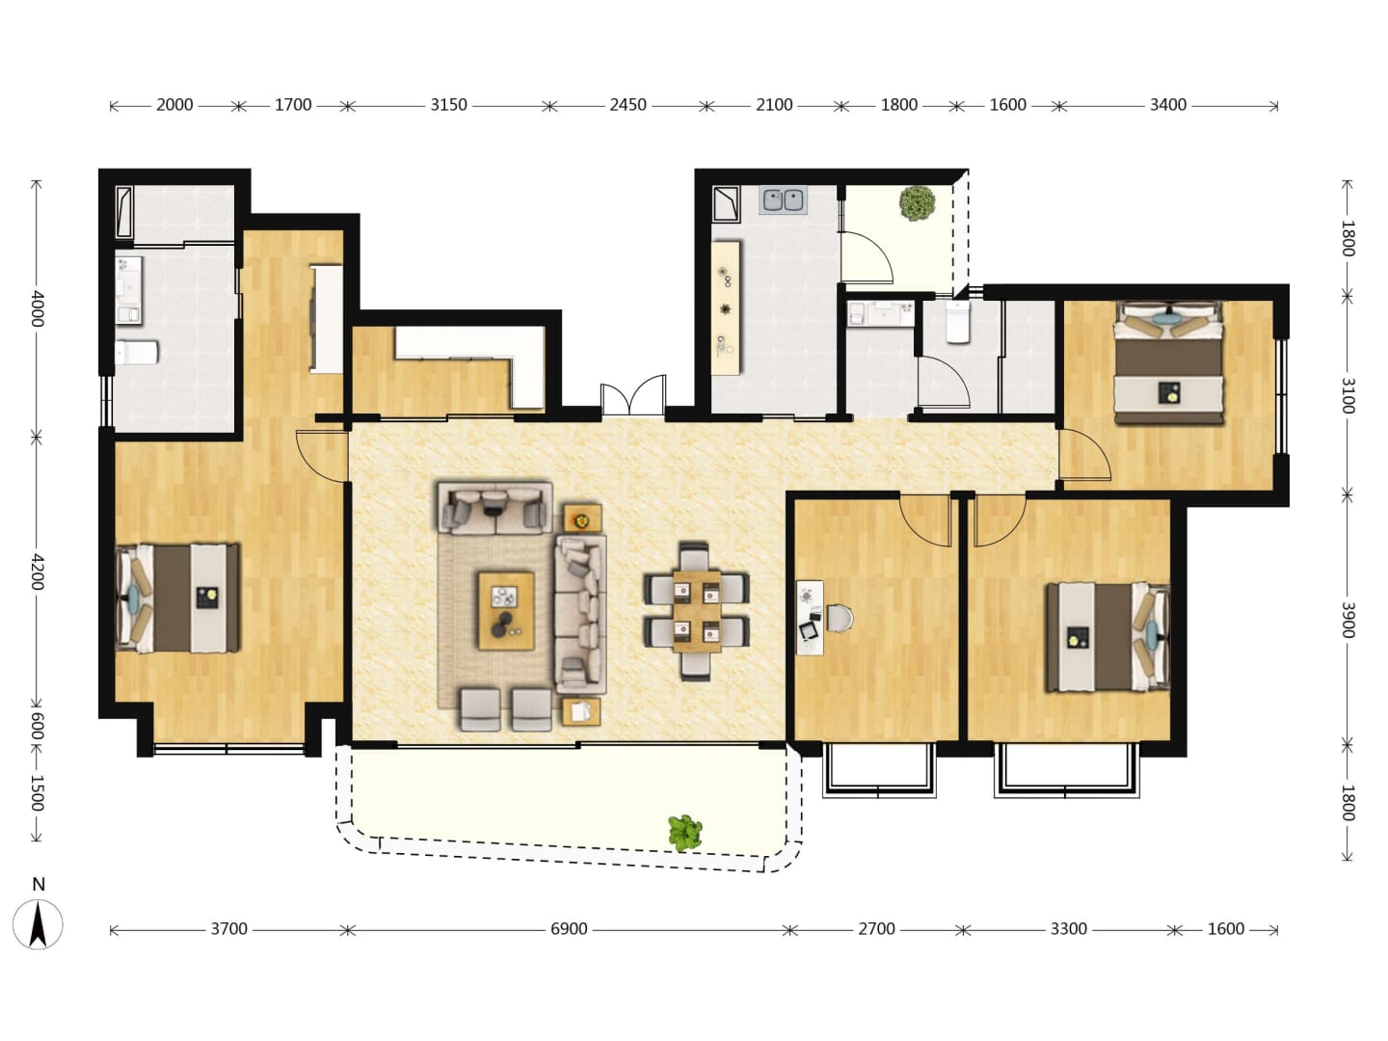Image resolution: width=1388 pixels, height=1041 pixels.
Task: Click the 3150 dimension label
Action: click(448, 105)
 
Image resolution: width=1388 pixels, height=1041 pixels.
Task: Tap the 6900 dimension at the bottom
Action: click(569, 929)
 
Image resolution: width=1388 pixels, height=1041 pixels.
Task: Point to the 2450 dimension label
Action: click(627, 105)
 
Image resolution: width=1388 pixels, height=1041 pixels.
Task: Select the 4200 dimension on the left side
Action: click(38, 572)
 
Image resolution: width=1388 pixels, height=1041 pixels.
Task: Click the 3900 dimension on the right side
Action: click(1347, 620)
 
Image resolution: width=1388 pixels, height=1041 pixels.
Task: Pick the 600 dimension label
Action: click(38, 726)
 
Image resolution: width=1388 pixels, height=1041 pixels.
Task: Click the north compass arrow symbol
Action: click(39, 925)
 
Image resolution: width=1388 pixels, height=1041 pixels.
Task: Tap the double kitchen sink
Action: click(784, 200)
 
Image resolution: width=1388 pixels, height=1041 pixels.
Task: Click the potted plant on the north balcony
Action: click(917, 202)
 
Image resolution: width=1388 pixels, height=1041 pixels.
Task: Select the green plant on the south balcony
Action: click(684, 833)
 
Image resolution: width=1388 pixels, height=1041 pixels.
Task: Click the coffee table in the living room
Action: click(506, 610)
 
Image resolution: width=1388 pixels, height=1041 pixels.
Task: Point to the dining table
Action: click(696, 611)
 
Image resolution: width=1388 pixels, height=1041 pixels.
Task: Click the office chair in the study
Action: click(840, 618)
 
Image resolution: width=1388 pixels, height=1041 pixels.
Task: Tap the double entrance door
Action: click(633, 395)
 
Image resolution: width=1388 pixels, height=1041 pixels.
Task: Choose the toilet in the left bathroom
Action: click(136, 353)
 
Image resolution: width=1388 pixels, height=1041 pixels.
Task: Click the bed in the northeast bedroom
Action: click(1168, 362)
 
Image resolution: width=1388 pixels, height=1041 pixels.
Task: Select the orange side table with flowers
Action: click(582, 519)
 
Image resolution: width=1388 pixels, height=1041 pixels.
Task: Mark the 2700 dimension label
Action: click(876, 929)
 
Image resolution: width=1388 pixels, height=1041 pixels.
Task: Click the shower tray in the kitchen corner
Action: click(726, 203)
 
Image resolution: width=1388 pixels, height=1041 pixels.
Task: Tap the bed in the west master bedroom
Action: click(177, 598)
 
